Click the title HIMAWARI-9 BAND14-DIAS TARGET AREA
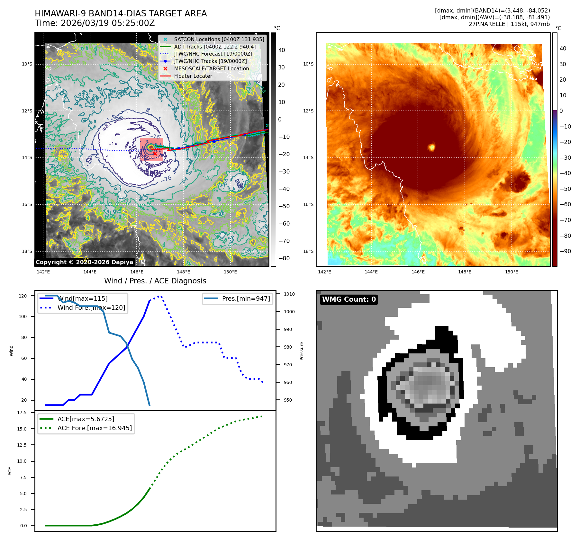[121, 13]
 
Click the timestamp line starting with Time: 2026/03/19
[95, 23]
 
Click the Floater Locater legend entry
[193, 76]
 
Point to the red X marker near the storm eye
[155, 154]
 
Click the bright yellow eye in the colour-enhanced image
[432, 147]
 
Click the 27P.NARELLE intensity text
[509, 24]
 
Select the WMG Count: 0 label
[349, 299]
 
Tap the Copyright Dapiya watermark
[84, 262]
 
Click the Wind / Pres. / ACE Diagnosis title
[155, 281]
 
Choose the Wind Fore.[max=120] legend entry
[91, 307]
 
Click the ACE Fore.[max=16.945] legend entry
[95, 428]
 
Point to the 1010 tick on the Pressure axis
[289, 294]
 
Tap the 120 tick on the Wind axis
[23, 296]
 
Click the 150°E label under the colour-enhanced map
[511, 272]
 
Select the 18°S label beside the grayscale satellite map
[27, 251]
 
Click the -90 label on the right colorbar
[565, 251]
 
